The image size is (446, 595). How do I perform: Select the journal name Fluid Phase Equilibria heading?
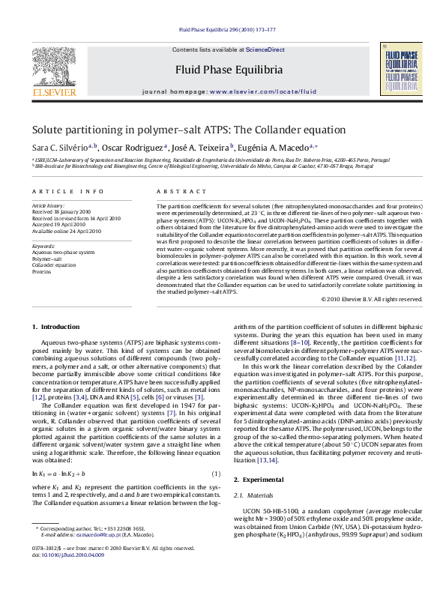(222, 69)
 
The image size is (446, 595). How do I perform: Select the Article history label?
(49, 205)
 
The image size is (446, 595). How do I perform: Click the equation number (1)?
(217, 474)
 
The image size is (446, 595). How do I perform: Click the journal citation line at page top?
(222, 30)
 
